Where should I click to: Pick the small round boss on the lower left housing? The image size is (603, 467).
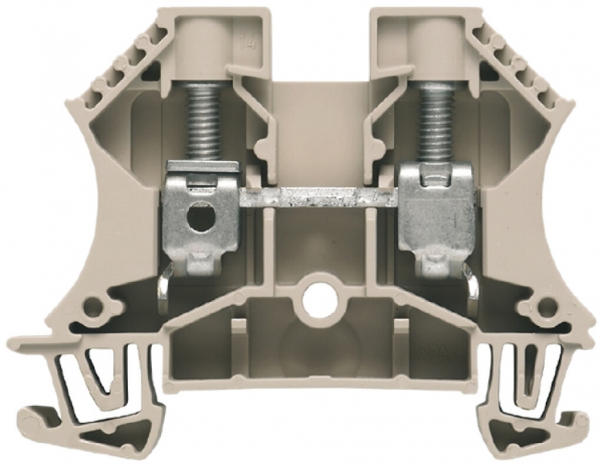96,306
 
